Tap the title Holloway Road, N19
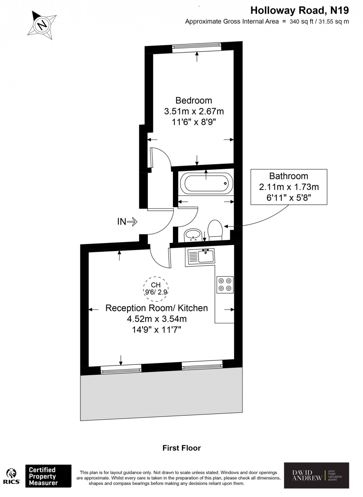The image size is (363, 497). [300, 10]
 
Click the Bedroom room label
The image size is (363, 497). [194, 100]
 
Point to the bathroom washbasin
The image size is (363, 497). [193, 235]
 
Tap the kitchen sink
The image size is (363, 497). [202, 256]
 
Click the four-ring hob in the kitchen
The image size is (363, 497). [225, 284]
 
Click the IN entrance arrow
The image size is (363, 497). [127, 222]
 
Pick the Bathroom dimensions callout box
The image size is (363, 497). [289, 187]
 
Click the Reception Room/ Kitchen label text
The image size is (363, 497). [157, 308]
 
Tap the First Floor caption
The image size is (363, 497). [181, 448]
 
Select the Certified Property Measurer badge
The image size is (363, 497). [48, 476]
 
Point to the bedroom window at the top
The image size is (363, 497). [197, 46]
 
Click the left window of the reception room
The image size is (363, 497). [121, 368]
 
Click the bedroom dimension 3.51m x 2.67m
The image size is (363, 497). [194, 111]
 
